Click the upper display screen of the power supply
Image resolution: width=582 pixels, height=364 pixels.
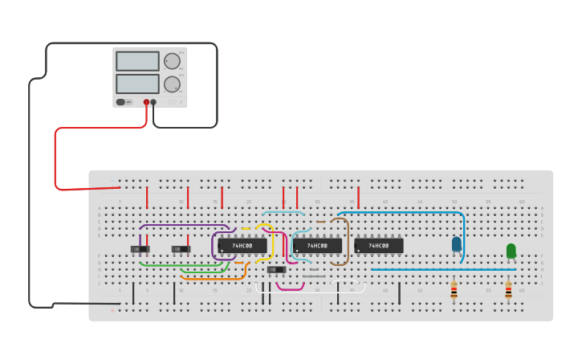137,61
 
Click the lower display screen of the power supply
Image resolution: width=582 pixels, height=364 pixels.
137,84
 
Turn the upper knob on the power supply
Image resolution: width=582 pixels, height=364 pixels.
172,61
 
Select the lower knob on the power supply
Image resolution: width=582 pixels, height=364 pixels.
172,84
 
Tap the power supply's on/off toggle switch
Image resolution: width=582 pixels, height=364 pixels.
121,102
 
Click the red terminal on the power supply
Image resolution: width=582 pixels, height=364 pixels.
146,102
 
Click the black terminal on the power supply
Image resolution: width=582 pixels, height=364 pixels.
153,102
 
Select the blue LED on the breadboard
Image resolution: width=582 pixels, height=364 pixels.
457,243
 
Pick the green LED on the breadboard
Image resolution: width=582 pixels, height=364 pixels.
511,251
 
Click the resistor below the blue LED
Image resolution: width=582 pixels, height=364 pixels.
454,290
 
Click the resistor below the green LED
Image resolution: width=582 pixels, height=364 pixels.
508,290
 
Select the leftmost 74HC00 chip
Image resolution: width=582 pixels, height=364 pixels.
242,246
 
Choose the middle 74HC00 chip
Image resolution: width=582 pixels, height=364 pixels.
317,246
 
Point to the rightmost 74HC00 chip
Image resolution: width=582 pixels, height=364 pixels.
378,246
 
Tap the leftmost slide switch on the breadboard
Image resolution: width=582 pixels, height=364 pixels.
140,249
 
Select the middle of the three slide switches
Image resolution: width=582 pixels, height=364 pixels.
181,249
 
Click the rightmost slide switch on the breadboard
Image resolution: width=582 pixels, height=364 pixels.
276,269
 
